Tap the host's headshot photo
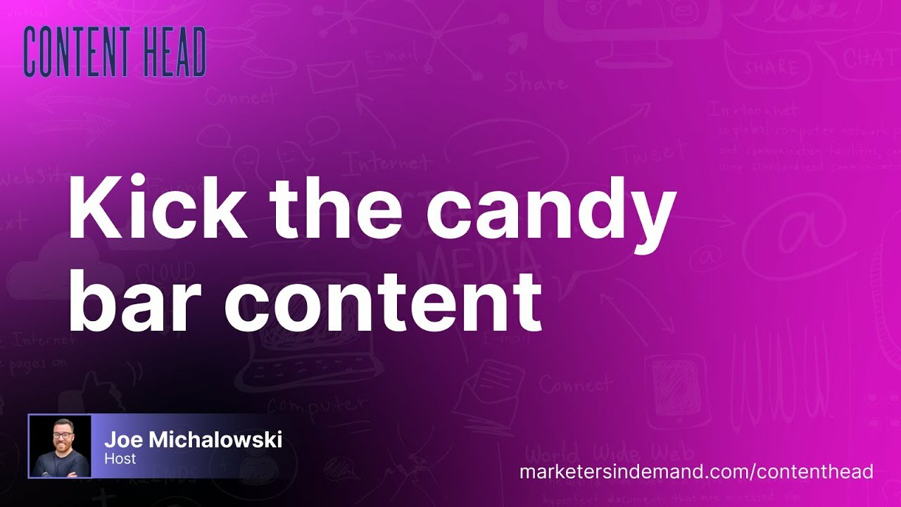[60, 446]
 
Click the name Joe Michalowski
[193, 440]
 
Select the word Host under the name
[120, 459]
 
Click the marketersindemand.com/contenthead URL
[696, 471]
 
